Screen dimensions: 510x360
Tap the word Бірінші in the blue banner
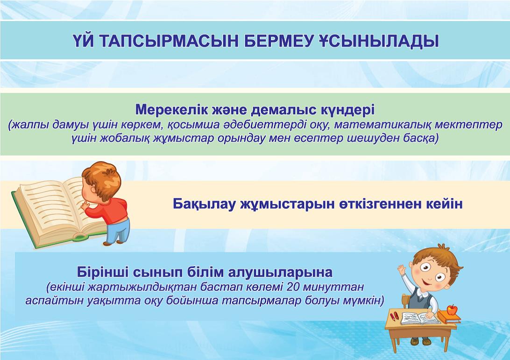[x=102, y=272]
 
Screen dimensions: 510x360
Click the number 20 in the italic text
[x=295, y=287]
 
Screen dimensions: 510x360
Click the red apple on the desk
[x=452, y=309]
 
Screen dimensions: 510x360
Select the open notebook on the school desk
[x=419, y=318]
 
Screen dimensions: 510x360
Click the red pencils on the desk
[x=394, y=316]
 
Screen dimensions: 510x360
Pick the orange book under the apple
[x=449, y=317]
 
